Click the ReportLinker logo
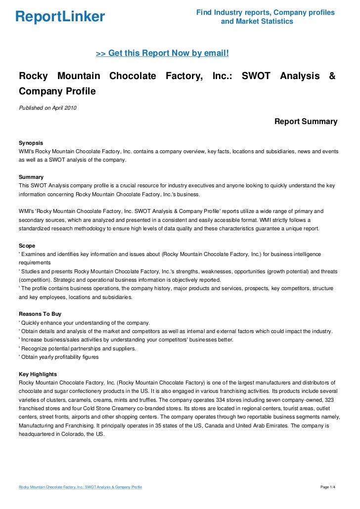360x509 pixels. click(60, 17)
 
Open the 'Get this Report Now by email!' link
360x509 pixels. click(162, 53)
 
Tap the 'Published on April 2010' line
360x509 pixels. click(47, 108)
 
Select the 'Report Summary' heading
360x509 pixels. click(306, 122)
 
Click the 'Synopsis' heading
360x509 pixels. click(31, 142)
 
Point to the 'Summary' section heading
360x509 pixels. click(31, 177)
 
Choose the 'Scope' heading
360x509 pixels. click(27, 246)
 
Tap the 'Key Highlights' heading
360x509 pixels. click(38, 374)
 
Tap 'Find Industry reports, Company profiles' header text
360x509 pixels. click(265, 12)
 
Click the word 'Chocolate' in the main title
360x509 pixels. click(133, 77)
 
